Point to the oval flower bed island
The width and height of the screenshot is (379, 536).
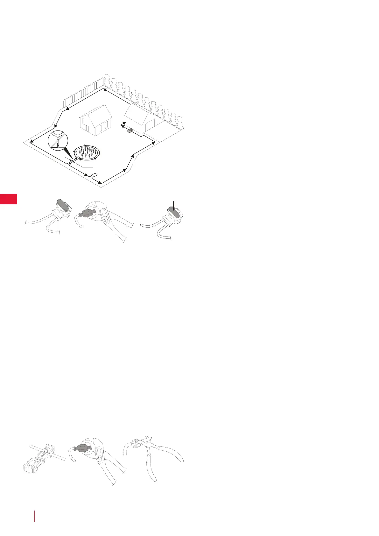pos(87,152)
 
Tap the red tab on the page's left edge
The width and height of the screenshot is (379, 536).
pos(8,199)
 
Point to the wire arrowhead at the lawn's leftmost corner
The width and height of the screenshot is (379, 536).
pos(32,142)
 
